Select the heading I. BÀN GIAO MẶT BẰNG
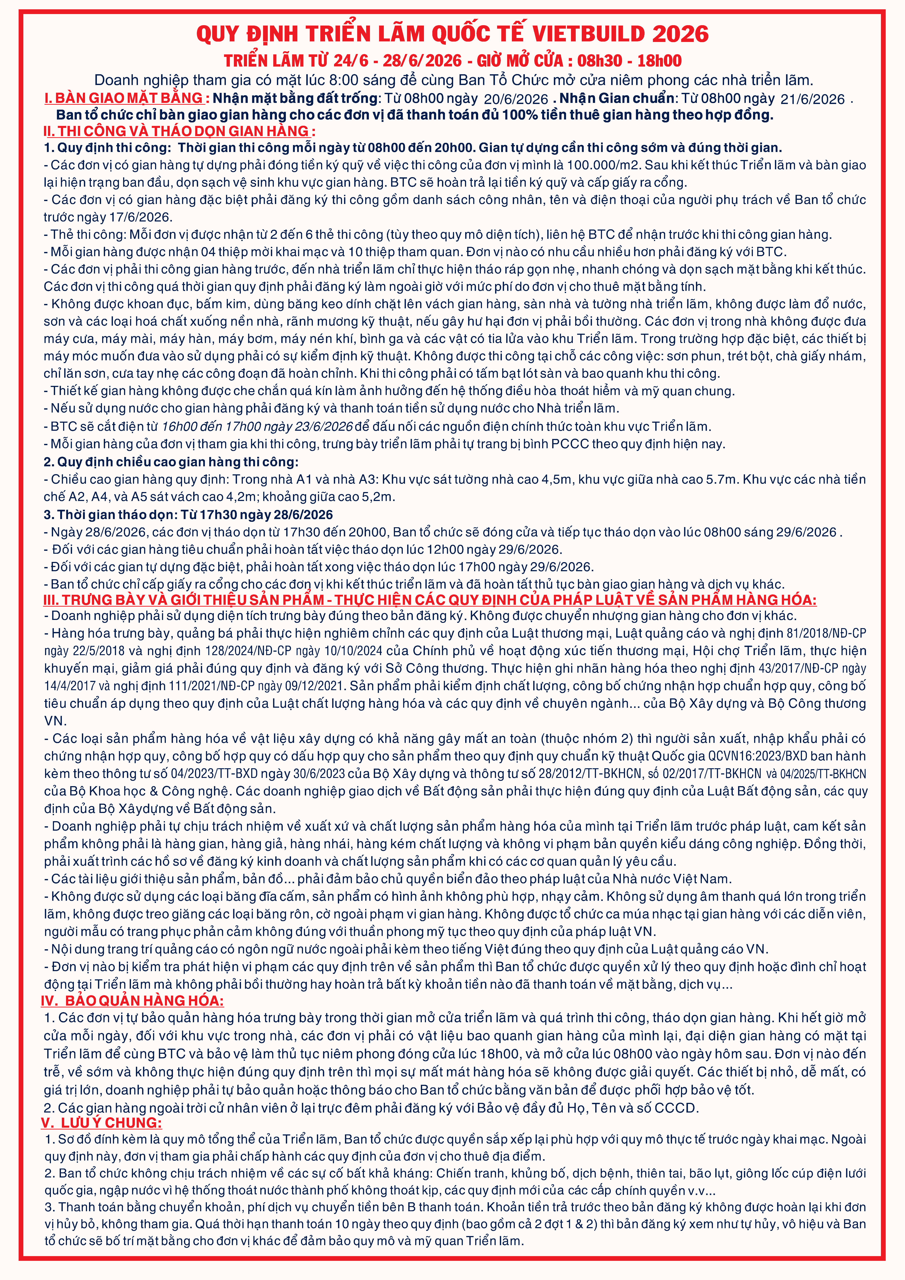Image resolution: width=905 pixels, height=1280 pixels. [x=126, y=98]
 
